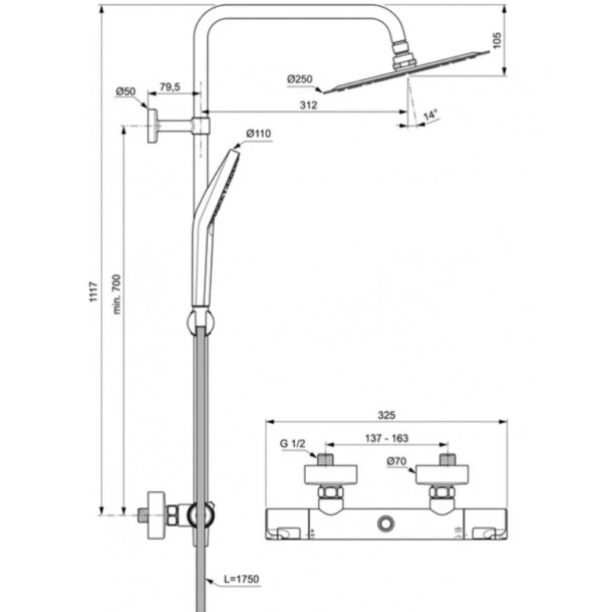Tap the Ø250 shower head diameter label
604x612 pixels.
coord(299,79)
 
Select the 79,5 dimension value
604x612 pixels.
coord(170,88)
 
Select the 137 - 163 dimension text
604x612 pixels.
coord(386,440)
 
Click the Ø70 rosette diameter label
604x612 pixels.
coord(397,461)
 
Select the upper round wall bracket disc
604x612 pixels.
coord(154,123)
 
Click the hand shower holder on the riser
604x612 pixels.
coord(200,321)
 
